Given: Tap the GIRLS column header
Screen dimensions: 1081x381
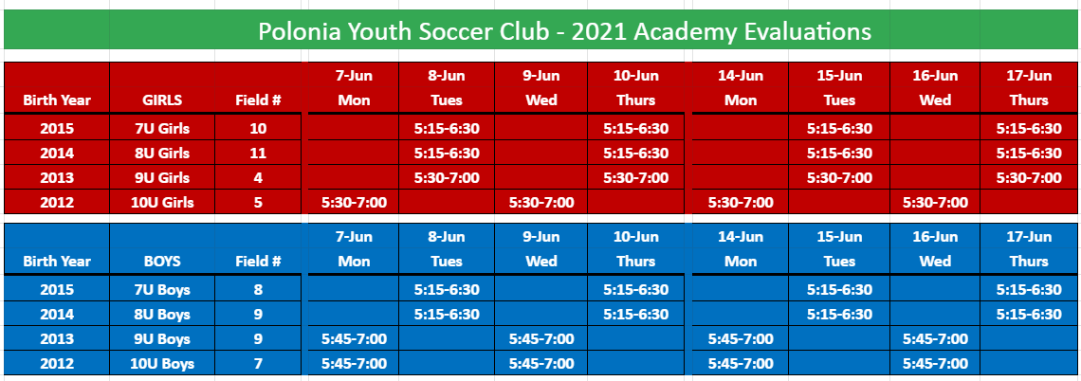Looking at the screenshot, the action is (162, 100).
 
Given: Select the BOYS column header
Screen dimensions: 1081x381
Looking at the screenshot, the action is (162, 262).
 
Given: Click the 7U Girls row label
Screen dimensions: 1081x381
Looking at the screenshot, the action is (163, 128).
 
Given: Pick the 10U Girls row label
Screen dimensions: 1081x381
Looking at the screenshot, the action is (163, 203).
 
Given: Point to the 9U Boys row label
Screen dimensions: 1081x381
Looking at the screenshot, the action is (163, 339).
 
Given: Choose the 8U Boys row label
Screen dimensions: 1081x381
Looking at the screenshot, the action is (163, 314).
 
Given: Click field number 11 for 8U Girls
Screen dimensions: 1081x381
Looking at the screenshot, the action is (258, 153).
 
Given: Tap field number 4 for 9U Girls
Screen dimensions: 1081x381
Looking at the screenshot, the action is (258, 178).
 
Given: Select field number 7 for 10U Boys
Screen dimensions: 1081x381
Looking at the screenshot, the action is (258, 363).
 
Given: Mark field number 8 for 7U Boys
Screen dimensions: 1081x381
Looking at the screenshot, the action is (258, 289).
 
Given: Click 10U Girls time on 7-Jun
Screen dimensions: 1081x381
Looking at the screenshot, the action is (355, 203).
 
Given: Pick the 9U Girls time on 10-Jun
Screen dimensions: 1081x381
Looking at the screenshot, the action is (635, 178).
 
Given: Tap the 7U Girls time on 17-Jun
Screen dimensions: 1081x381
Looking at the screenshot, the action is (1029, 128).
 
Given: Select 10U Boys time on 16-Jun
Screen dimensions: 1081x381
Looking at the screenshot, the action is (936, 363).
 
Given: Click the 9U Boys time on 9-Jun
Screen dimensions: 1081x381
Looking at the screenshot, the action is (541, 339).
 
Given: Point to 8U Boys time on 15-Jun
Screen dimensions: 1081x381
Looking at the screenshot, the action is (840, 314).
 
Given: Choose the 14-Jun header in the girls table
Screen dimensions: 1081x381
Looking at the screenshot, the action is (742, 75).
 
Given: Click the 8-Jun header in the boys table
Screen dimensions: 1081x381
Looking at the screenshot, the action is (447, 237).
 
